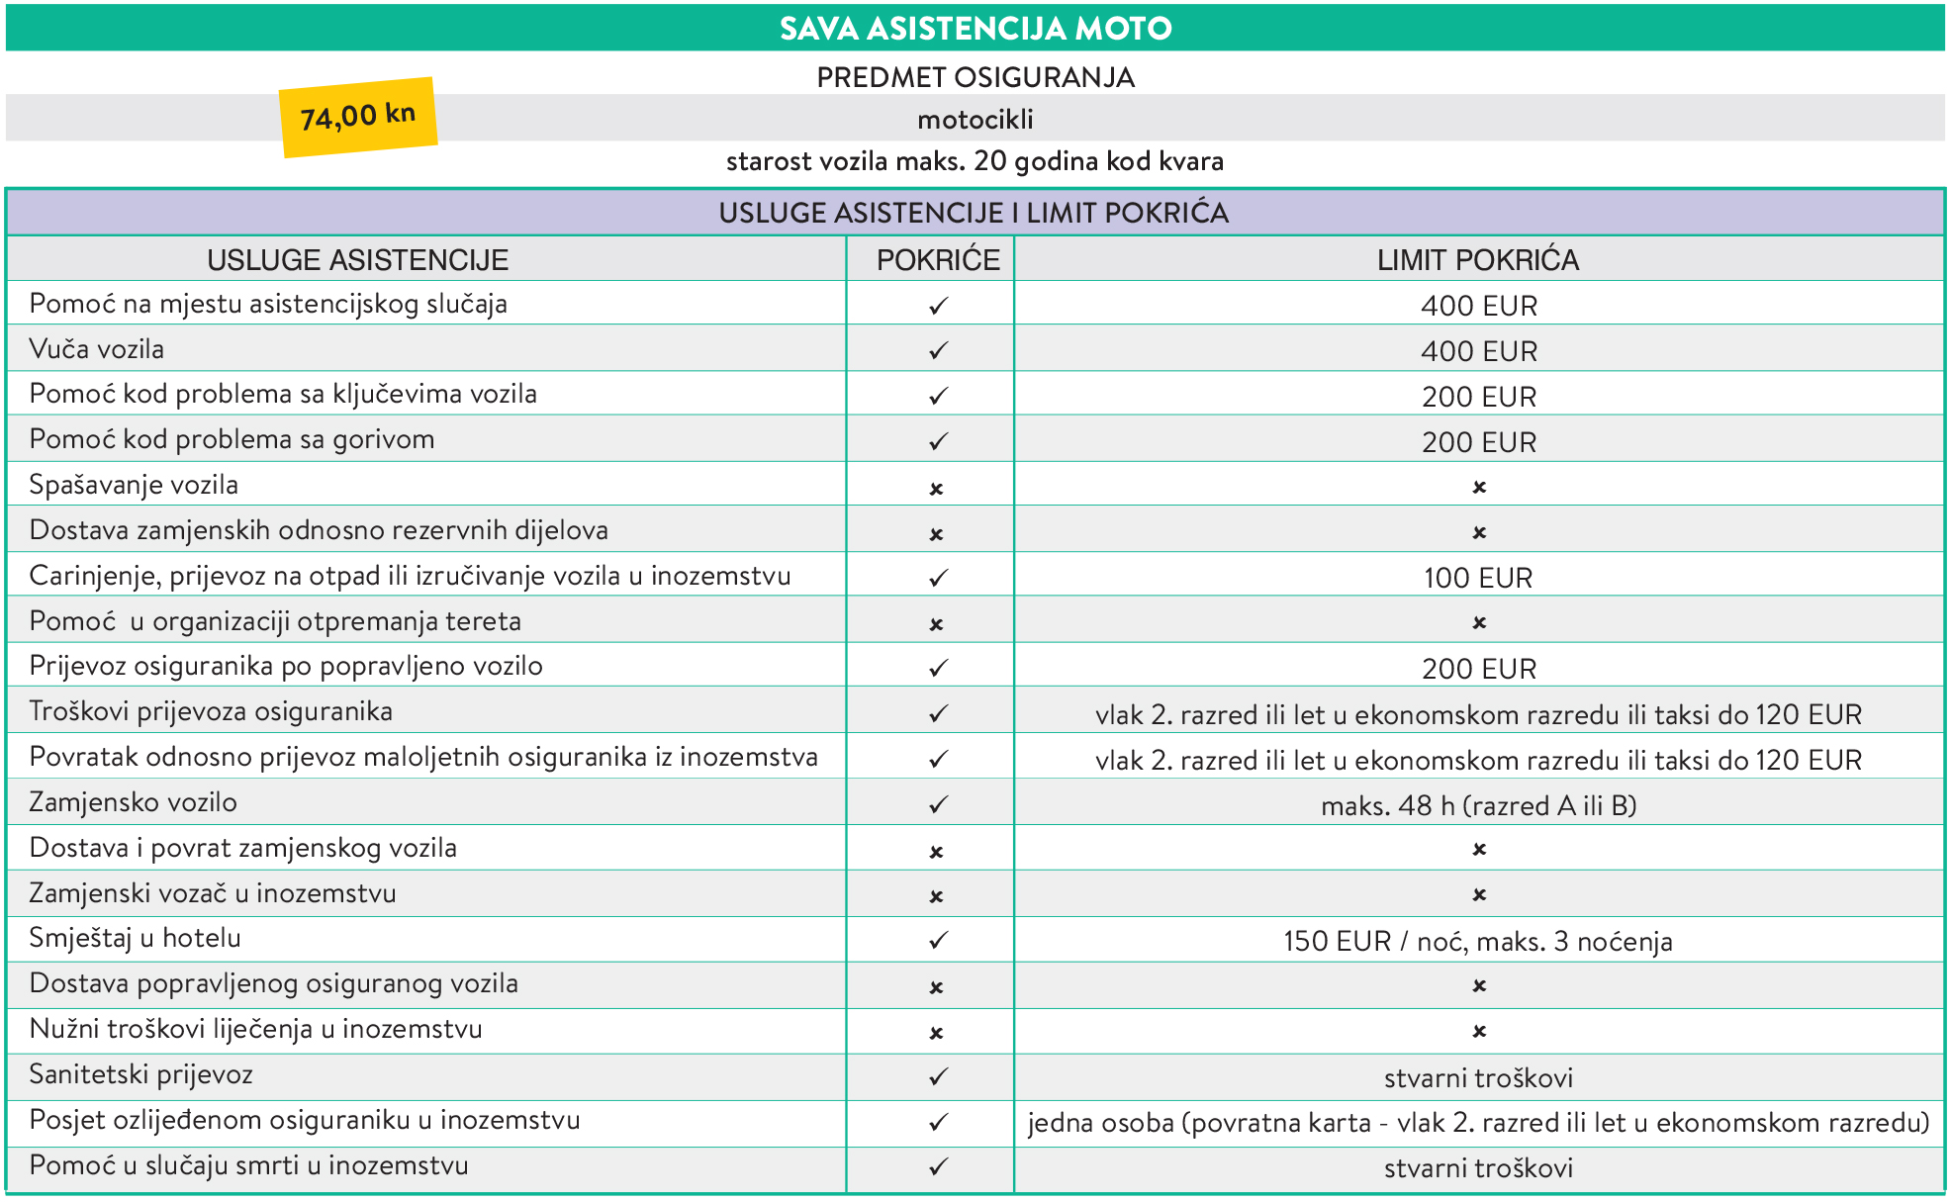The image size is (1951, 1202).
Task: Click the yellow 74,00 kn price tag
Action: (358, 117)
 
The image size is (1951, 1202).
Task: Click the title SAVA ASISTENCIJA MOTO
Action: (975, 28)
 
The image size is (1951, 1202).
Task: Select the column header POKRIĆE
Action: (938, 260)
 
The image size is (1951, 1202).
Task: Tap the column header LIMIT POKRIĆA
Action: (1478, 260)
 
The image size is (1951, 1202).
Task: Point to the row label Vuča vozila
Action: (97, 349)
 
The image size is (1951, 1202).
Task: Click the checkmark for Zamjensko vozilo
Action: (938, 804)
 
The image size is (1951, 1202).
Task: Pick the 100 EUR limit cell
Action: (1478, 578)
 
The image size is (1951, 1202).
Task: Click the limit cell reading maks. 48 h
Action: (1478, 805)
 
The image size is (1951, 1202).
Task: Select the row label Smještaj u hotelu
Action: (136, 938)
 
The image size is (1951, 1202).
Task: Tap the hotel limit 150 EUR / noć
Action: (1478, 941)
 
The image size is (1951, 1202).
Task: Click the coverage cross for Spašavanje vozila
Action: (937, 489)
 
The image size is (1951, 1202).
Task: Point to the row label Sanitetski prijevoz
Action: (141, 1074)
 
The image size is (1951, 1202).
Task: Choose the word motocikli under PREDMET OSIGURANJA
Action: (975, 120)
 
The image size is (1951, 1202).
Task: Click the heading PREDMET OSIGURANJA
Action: (975, 77)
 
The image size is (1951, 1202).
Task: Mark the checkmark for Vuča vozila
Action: (938, 351)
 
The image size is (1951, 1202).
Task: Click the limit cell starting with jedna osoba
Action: (1478, 1123)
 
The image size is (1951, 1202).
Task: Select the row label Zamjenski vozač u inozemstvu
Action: (213, 893)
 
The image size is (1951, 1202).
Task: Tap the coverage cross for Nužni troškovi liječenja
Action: (937, 1033)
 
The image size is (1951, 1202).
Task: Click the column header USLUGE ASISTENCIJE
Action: (358, 260)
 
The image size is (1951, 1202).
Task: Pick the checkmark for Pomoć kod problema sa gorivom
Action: (938, 441)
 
